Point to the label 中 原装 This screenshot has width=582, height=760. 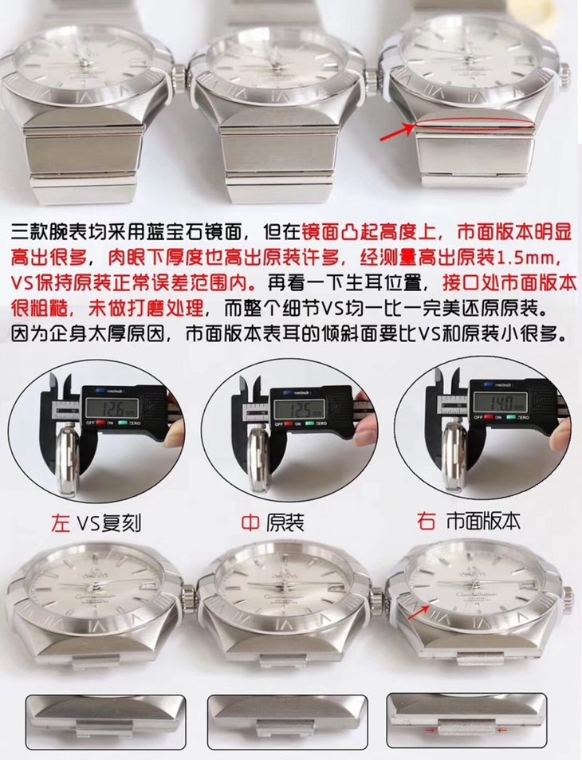(x=273, y=522)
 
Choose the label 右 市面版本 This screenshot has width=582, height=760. (x=468, y=522)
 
